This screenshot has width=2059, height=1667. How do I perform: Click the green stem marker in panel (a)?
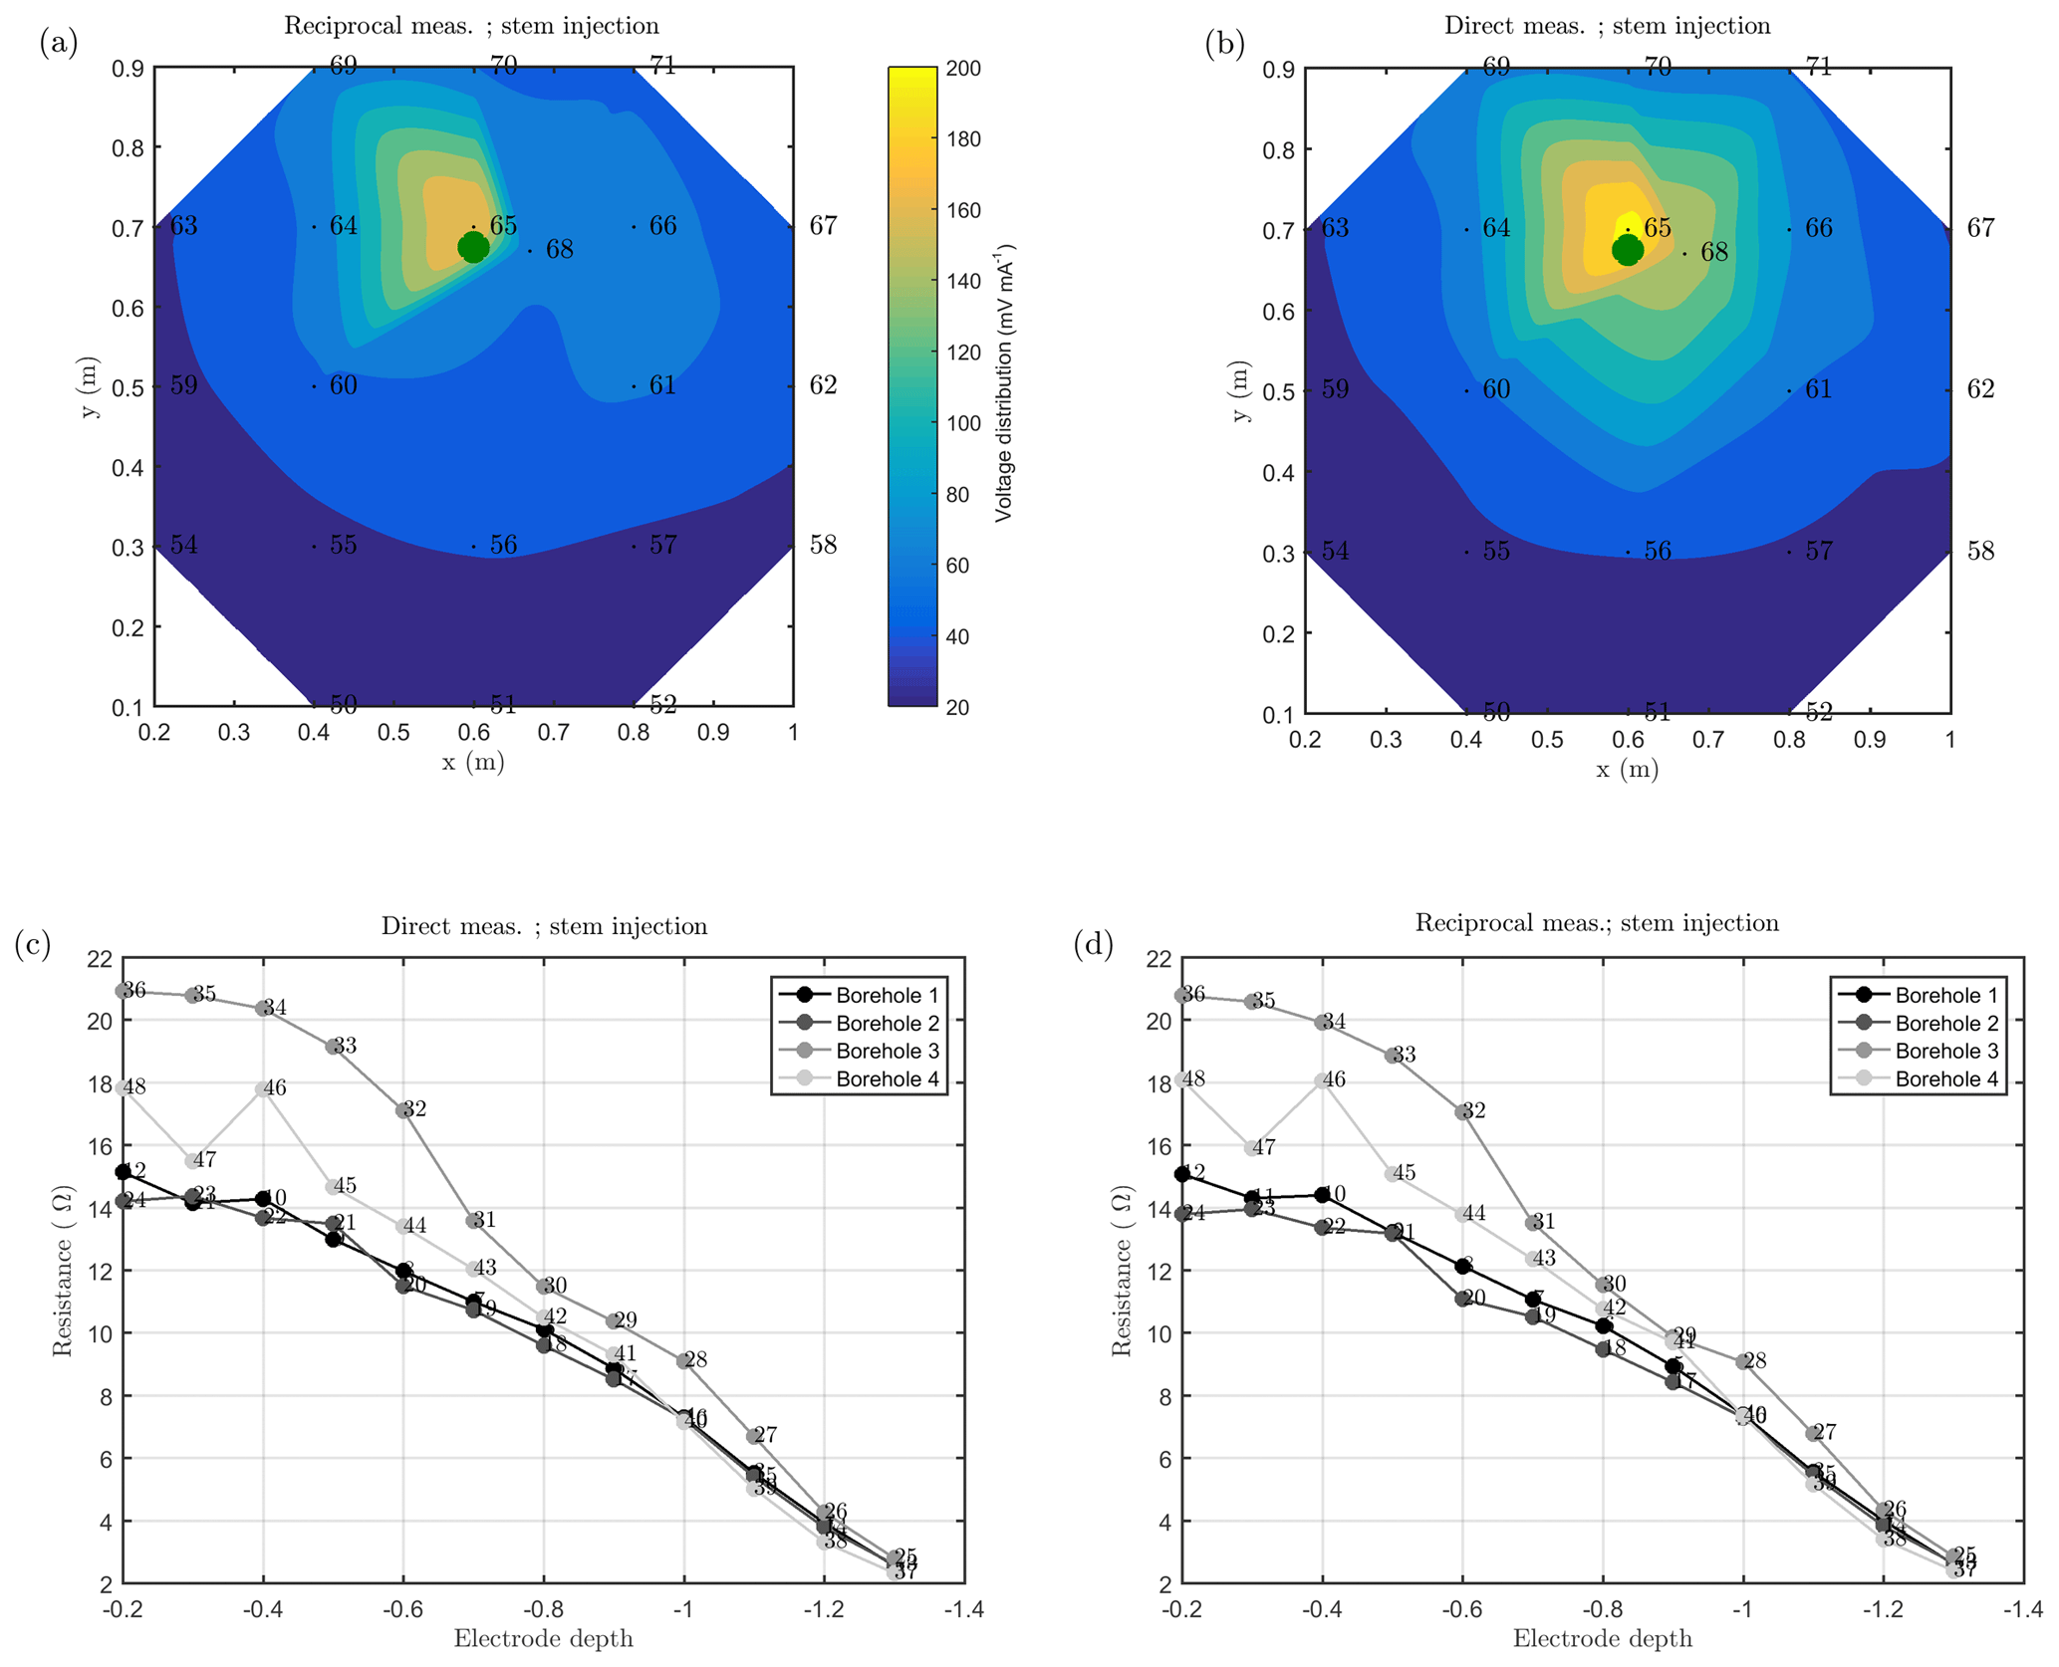coord(473,247)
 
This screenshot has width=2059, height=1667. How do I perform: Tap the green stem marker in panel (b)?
coord(1627,250)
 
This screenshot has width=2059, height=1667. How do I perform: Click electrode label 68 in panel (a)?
coord(559,250)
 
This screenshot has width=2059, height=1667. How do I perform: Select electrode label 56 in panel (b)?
coord(1657,552)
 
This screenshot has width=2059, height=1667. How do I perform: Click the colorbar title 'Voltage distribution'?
coord(1004,382)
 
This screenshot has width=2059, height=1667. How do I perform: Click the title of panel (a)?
coord(471,26)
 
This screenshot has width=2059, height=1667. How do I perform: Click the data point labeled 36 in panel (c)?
coord(124,991)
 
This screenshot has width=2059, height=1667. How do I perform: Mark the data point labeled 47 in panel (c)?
coord(193,1161)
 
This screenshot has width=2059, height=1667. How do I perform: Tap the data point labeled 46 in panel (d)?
coord(1322,1081)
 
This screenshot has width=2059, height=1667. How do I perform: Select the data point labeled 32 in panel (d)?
coord(1462,1112)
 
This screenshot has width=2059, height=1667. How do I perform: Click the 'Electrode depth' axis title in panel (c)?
coord(543,1639)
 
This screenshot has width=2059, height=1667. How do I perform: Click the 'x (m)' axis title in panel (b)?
coord(1627,770)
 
